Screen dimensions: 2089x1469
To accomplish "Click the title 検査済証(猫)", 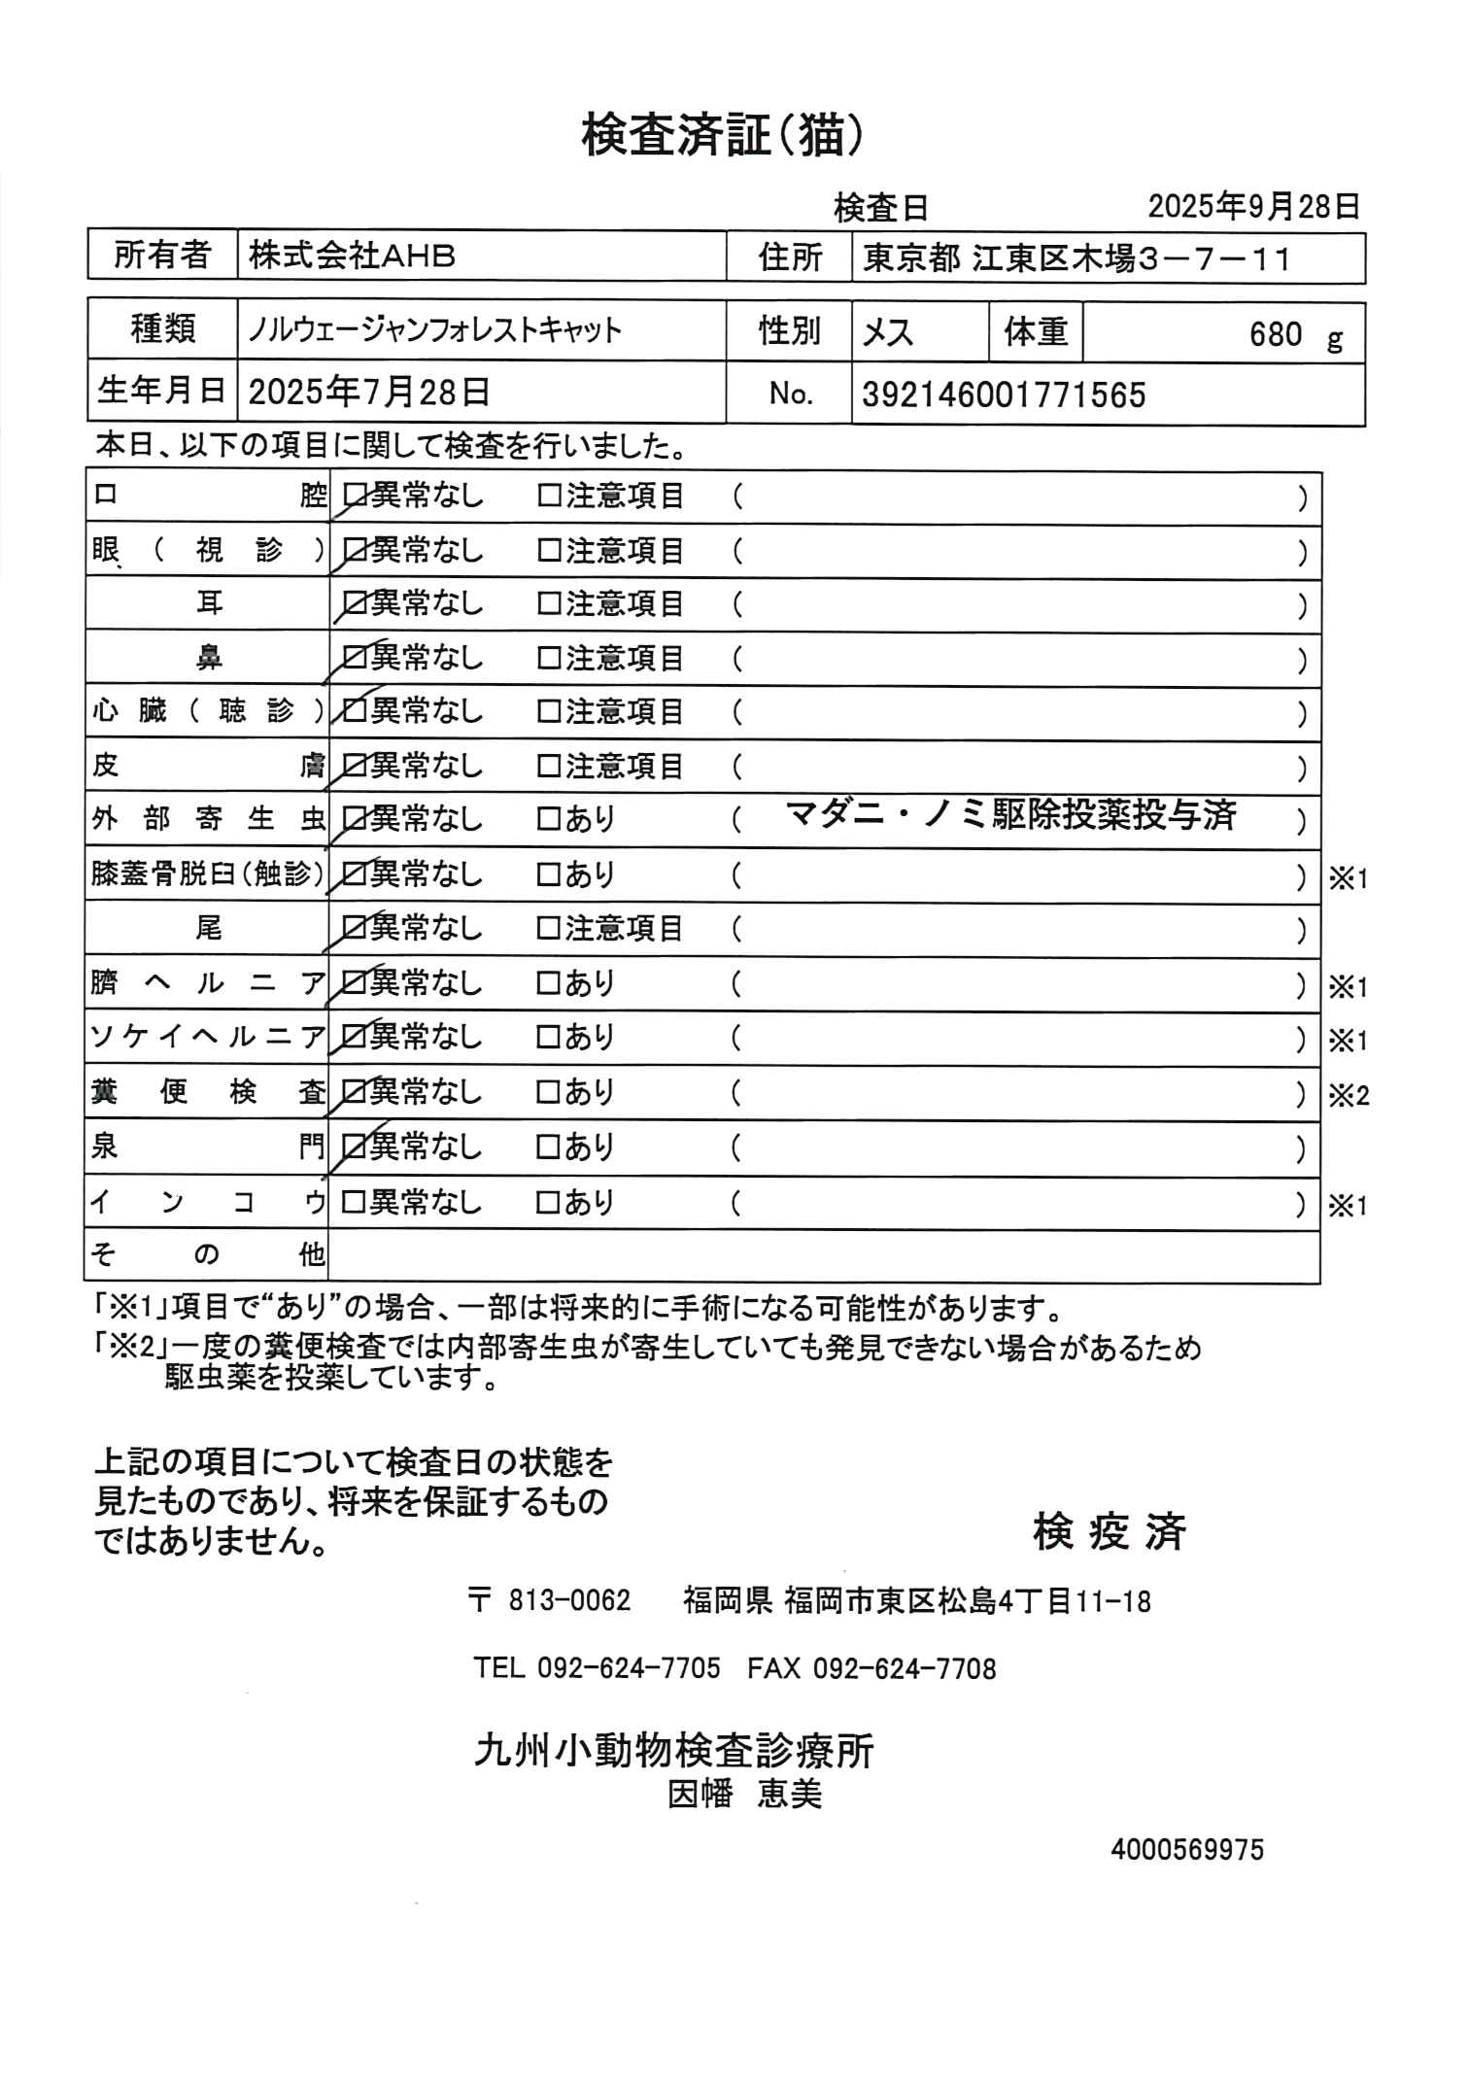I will (722, 135).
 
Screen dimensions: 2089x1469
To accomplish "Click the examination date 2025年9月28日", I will (1253, 207).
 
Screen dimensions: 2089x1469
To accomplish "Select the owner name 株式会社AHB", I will (352, 257).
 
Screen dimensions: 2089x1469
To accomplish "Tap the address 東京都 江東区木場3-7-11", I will (1077, 258).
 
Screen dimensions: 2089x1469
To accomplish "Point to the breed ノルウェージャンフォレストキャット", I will (434, 330).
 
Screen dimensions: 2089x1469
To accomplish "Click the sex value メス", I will (888, 332).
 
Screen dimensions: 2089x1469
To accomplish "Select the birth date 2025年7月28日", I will (369, 393).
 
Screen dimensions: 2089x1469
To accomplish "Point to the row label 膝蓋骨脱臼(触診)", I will (207, 874).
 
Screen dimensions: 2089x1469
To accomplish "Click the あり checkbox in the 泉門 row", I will (550, 1148).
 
